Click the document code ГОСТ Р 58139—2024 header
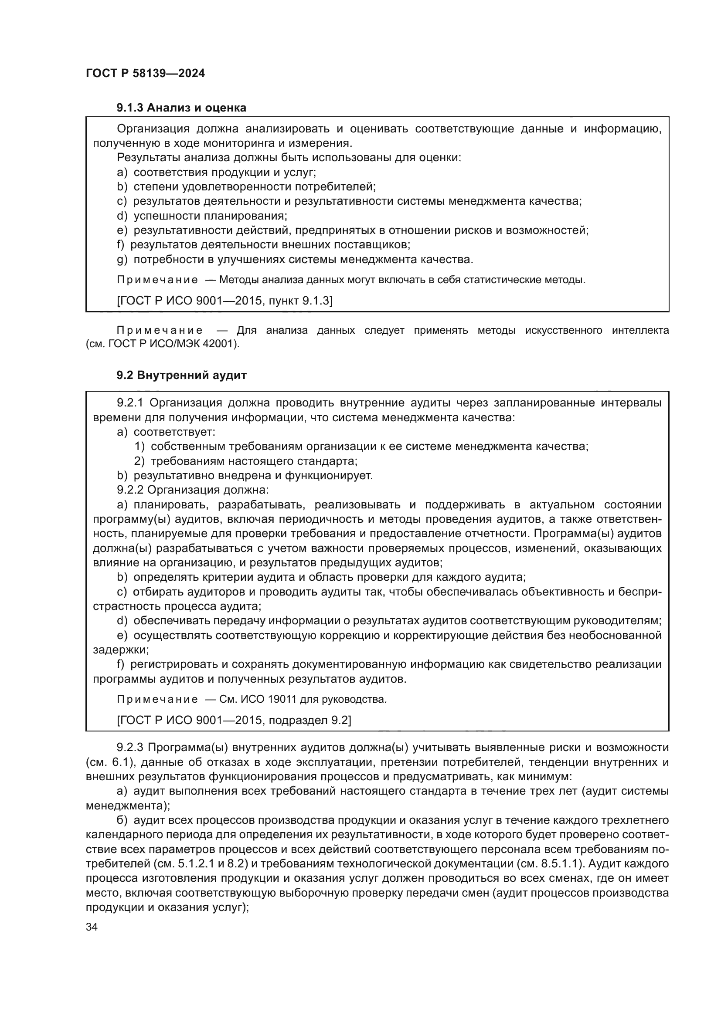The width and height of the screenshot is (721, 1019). [145, 73]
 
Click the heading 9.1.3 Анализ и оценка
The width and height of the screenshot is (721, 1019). [181, 108]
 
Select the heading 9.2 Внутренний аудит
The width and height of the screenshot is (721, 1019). [181, 375]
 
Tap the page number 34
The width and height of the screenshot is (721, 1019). [92, 927]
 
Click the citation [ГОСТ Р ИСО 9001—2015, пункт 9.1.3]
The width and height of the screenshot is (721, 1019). [224, 301]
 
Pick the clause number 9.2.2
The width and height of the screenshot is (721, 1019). [130, 490]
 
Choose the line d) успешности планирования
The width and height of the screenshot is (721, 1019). [202, 216]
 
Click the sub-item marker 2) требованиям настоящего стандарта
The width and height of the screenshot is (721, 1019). [139, 461]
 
